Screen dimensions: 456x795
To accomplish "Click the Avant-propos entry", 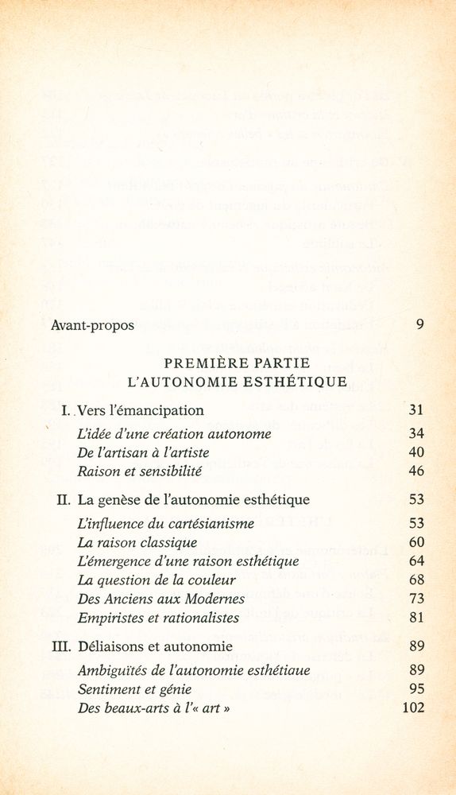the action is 92,325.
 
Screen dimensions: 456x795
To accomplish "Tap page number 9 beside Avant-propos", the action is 419,325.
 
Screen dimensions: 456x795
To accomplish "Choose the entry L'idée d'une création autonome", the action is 174,434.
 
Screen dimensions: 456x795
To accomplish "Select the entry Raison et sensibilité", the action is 140,471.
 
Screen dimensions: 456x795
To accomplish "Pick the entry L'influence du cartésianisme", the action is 165,524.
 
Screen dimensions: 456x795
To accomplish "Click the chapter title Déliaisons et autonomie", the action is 154,646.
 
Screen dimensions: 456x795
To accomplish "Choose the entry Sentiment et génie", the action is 134,689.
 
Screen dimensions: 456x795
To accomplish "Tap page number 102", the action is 413,708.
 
